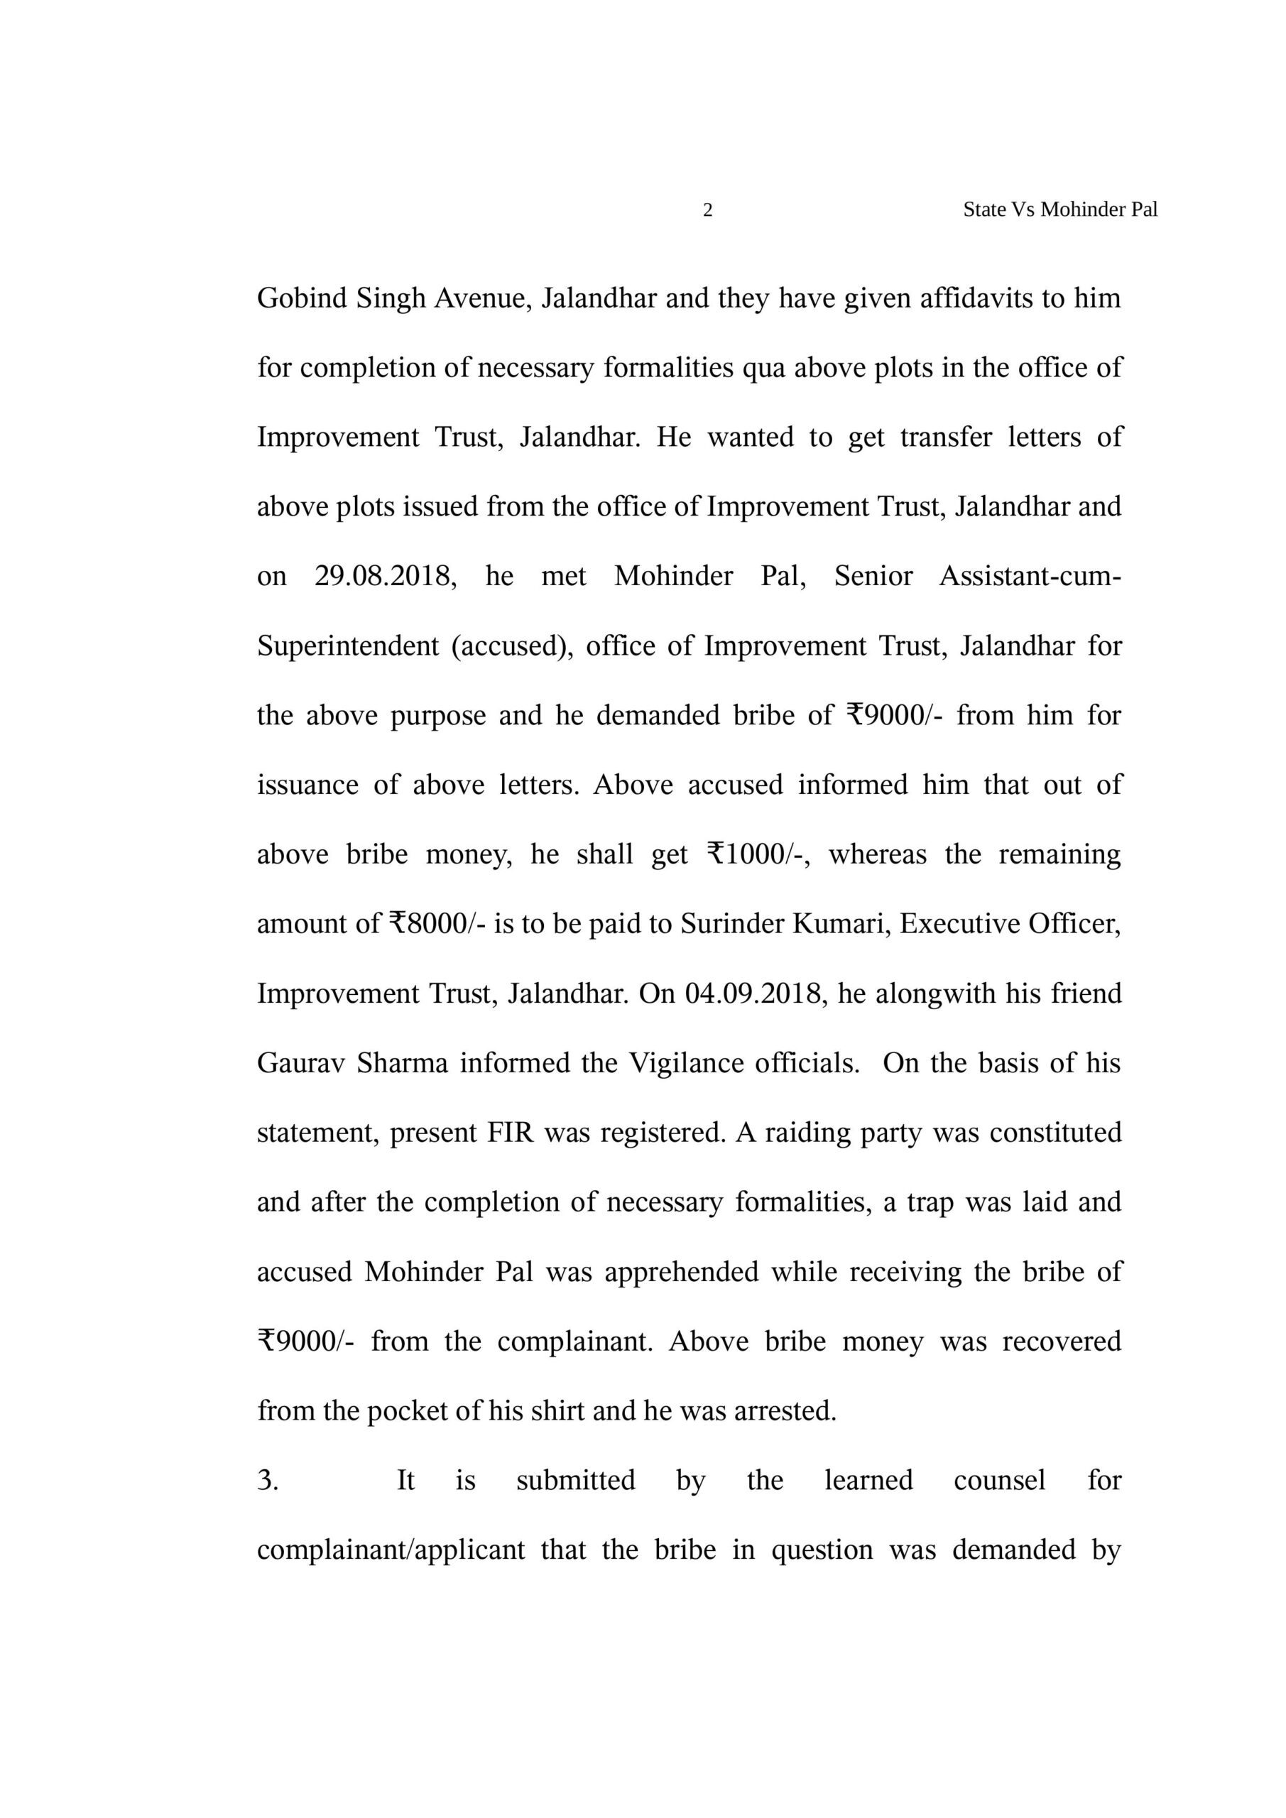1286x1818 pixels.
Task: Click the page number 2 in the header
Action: pos(708,209)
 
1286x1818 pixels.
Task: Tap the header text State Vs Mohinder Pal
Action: pos(1059,209)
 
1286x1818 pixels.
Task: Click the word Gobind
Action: pos(302,298)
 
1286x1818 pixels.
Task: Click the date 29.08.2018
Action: pos(385,577)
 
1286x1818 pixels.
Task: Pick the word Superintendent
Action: pos(348,646)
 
